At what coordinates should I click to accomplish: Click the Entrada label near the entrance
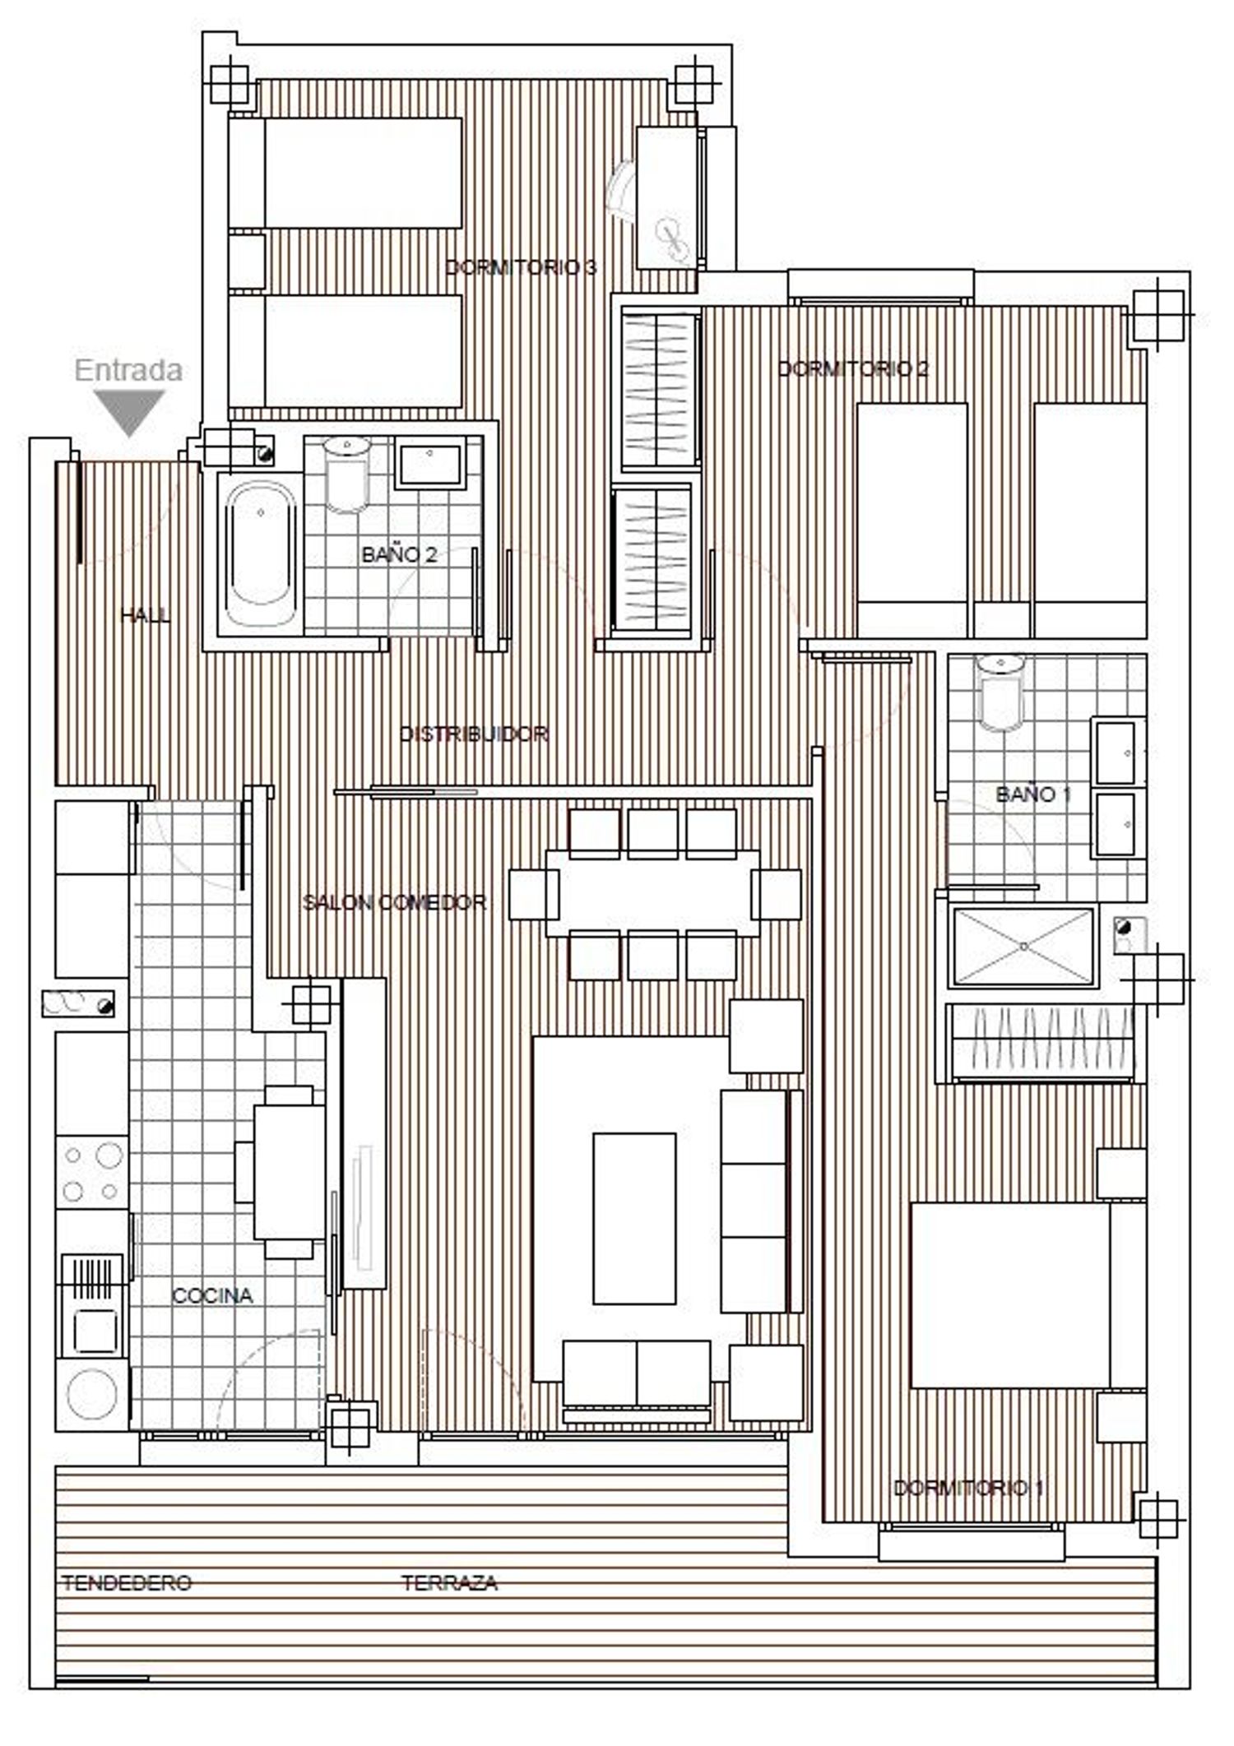tap(128, 370)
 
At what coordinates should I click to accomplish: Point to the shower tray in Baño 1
tap(1023, 946)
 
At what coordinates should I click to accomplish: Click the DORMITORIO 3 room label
tap(521, 267)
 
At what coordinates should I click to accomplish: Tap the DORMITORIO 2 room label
tap(853, 368)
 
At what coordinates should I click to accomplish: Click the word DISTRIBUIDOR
tap(474, 734)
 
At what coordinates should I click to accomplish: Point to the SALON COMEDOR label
tap(395, 902)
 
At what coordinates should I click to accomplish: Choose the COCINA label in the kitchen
tap(212, 1296)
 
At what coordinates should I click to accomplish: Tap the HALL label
tap(145, 615)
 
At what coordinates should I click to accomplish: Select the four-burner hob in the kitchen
tap(92, 1172)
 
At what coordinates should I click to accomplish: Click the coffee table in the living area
tap(634, 1219)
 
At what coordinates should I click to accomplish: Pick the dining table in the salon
tap(652, 893)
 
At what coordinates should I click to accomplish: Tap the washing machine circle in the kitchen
tap(93, 1394)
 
